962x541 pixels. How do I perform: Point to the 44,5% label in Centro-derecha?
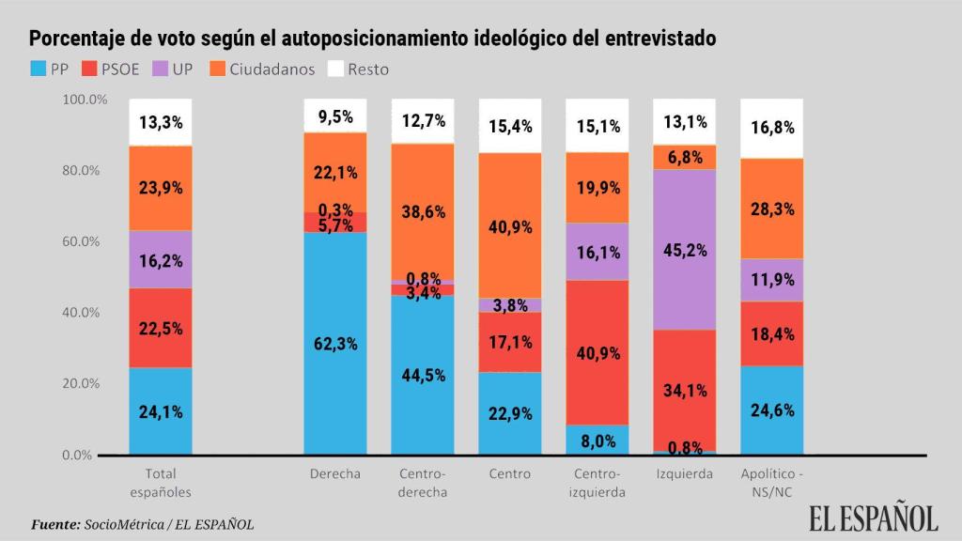tap(423, 375)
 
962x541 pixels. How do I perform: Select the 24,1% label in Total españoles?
tap(161, 410)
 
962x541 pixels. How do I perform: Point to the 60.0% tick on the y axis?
tap(85, 241)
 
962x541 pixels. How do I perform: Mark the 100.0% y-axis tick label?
tap(85, 99)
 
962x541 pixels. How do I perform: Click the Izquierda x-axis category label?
tap(684, 473)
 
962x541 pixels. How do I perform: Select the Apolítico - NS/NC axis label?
tap(772, 483)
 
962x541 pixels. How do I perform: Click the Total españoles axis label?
tap(161, 483)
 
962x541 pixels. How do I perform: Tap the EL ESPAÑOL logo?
tap(874, 518)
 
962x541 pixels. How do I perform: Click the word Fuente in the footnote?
tap(54, 524)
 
